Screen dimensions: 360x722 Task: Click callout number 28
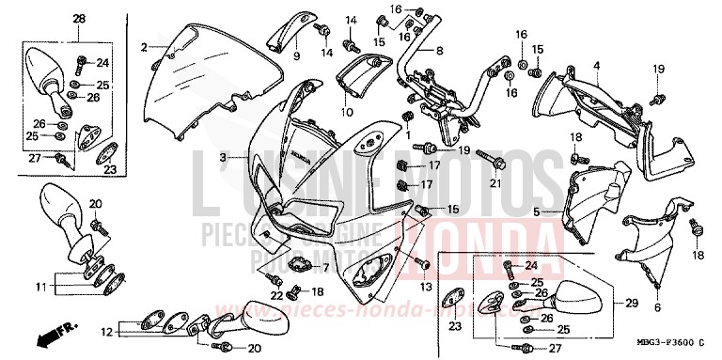78,19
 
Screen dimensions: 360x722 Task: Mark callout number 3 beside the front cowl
223,156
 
